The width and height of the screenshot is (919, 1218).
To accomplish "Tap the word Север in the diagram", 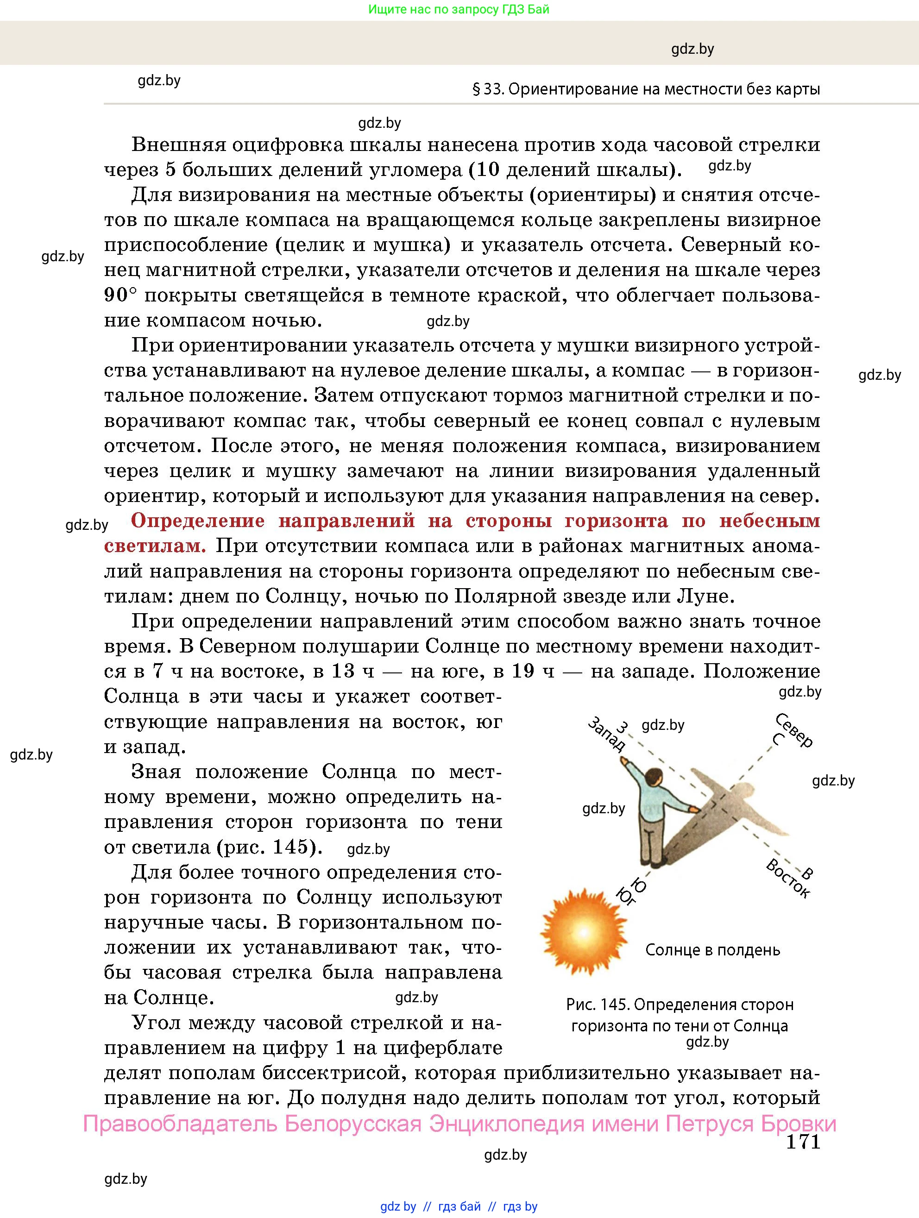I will click(794, 730).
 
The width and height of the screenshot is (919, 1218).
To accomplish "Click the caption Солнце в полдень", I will click(712, 950).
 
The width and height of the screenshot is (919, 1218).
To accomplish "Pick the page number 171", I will click(803, 1142).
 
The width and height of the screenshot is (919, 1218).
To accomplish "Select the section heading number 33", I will click(493, 89).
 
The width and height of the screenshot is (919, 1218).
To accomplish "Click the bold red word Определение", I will click(198, 521).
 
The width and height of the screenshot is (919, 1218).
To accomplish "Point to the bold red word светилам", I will click(155, 546).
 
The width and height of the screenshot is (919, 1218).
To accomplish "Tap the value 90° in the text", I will click(120, 295).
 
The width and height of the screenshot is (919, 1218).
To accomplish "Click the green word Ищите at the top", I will click(386, 9).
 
